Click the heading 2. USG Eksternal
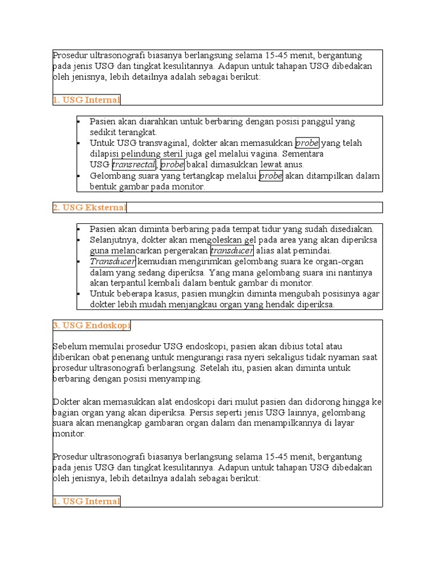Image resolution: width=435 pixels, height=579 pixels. click(x=89, y=208)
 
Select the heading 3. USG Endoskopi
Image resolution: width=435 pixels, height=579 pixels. click(x=91, y=326)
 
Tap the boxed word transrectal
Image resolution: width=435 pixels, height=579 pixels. click(x=134, y=165)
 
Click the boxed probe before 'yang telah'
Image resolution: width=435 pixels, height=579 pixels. click(x=308, y=142)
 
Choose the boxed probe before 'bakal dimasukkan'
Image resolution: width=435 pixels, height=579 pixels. click(x=172, y=165)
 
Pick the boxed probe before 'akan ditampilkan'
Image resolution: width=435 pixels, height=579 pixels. click(x=271, y=176)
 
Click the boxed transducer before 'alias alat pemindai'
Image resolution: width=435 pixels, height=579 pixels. click(x=231, y=250)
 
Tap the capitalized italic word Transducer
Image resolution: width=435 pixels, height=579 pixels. click(x=112, y=261)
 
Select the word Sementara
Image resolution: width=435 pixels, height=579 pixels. click(x=303, y=154)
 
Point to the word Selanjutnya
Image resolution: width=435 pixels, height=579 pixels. click(x=113, y=240)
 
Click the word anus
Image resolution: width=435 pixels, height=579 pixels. click(x=294, y=165)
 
